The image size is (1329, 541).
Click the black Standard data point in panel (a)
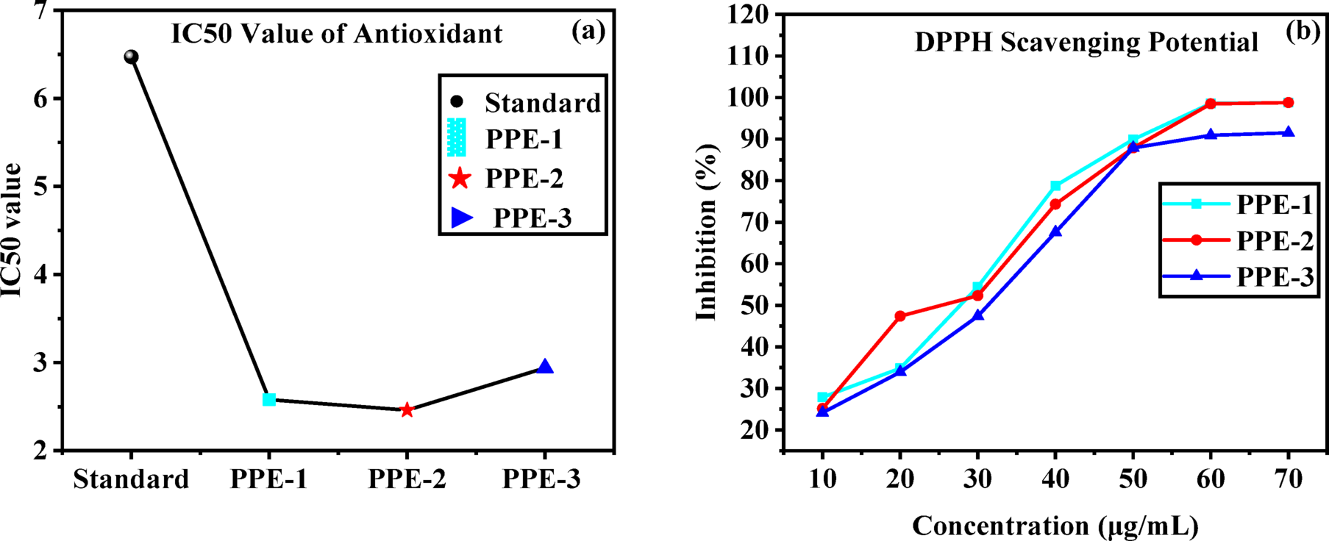131,57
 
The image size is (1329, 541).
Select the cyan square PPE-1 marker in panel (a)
269,400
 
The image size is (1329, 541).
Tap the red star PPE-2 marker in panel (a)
407,410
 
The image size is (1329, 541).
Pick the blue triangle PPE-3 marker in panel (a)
545,367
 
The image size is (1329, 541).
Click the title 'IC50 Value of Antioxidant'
337,34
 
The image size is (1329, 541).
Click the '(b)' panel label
1303,32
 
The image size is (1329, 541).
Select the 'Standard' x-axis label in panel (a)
131,479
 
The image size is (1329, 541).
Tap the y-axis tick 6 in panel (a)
38,98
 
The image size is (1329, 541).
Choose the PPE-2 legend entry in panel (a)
524,179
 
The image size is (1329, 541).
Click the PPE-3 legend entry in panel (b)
1275,276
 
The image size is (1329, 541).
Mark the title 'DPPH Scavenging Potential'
1086,43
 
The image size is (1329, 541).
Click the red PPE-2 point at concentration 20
900,316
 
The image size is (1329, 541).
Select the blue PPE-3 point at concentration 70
1289,133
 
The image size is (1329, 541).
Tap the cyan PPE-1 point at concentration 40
1055,186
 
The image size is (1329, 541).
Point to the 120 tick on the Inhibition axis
749,14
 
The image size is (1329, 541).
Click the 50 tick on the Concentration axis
1133,479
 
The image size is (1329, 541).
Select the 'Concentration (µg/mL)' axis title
1055,526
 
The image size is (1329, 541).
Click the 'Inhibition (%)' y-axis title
707,232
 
